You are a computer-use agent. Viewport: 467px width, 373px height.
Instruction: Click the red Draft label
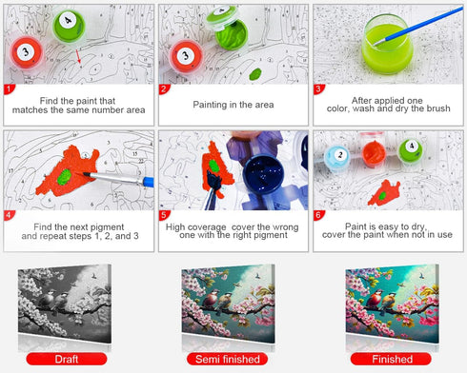(x=67, y=359)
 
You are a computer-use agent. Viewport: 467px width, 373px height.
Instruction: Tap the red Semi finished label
(x=228, y=359)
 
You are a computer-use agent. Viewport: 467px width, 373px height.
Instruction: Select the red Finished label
(x=391, y=359)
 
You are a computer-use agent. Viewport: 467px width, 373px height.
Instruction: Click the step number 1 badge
(x=9, y=89)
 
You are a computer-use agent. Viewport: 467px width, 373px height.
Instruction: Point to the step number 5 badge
(x=164, y=215)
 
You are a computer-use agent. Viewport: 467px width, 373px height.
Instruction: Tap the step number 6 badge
(x=318, y=215)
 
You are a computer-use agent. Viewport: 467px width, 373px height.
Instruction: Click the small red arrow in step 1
(x=78, y=56)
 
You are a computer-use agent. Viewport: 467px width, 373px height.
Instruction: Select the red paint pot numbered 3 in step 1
(x=26, y=52)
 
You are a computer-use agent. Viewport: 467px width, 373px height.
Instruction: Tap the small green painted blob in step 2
(x=255, y=74)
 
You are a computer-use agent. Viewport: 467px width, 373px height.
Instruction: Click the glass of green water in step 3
(x=387, y=45)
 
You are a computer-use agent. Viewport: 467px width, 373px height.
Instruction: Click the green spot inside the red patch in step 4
(x=64, y=177)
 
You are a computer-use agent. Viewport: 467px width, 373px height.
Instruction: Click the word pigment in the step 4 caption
(x=106, y=226)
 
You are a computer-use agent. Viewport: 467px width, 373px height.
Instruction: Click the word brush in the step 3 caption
(x=438, y=108)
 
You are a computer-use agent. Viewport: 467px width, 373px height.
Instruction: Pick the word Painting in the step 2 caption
(x=208, y=105)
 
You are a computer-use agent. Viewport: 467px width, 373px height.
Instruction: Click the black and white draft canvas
(x=65, y=304)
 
